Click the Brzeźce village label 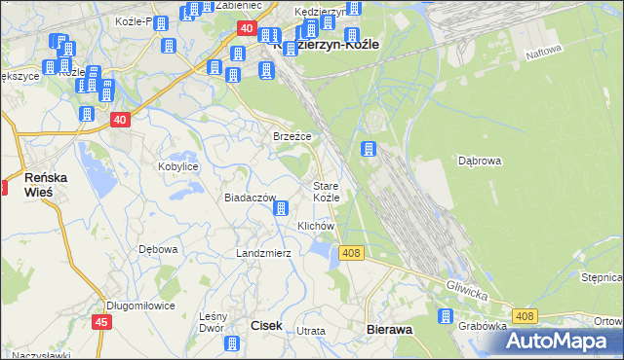click(x=292, y=137)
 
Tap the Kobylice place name click(x=178, y=166)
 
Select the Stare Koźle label click(x=326, y=192)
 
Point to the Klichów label click(x=316, y=226)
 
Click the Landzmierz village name click(x=263, y=253)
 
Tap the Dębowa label click(x=158, y=249)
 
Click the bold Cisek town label click(x=267, y=327)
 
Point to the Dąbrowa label click(x=479, y=162)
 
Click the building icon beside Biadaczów click(x=281, y=207)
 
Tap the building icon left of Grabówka click(x=446, y=316)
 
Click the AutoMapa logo click(x=560, y=341)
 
